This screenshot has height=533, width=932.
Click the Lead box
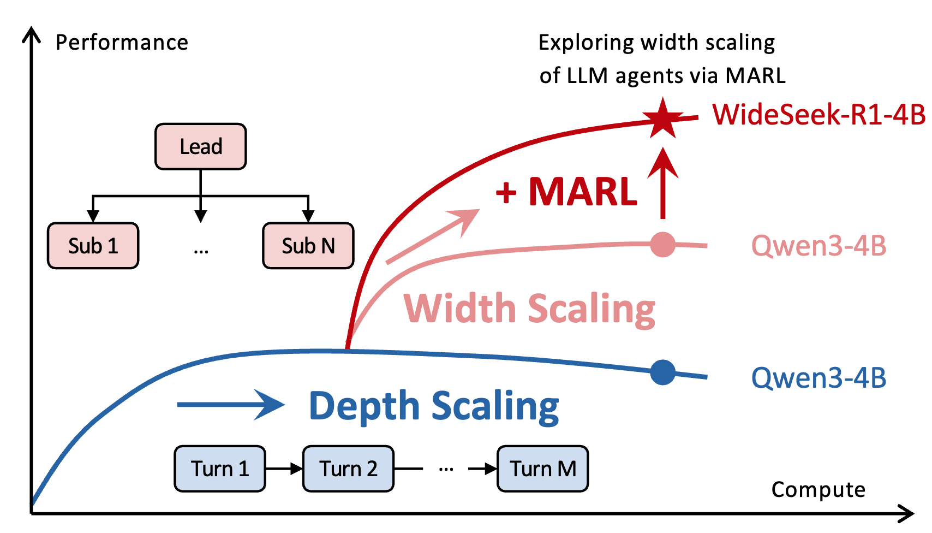pyautogui.click(x=200, y=146)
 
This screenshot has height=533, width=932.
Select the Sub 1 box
pyautogui.click(x=93, y=246)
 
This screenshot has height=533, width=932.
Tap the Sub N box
pyautogui.click(x=308, y=246)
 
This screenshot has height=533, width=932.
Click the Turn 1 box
pyautogui.click(x=219, y=469)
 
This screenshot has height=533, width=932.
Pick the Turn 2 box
pyautogui.click(x=348, y=469)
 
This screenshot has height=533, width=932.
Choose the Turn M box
pyautogui.click(x=542, y=469)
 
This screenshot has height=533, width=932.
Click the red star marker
pyautogui.click(x=662, y=118)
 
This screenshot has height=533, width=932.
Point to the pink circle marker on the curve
pyautogui.click(x=662, y=244)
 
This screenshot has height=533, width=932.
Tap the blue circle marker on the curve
pyautogui.click(x=662, y=372)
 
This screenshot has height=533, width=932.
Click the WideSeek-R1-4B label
pyautogui.click(x=819, y=115)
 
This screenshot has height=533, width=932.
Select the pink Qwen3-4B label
pyautogui.click(x=819, y=246)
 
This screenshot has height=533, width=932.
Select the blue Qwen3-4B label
pyautogui.click(x=819, y=378)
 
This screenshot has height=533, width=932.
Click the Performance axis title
pyautogui.click(x=122, y=43)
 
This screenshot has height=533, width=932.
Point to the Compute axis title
pyautogui.click(x=817, y=489)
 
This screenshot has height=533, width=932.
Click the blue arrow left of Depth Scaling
pyautogui.click(x=230, y=405)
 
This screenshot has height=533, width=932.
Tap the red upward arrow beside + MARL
pyautogui.click(x=662, y=183)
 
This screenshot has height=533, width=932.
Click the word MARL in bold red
pyautogui.click(x=582, y=192)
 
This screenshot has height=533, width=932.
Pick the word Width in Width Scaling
pyautogui.click(x=459, y=309)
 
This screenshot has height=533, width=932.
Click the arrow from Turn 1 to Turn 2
pyautogui.click(x=284, y=469)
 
